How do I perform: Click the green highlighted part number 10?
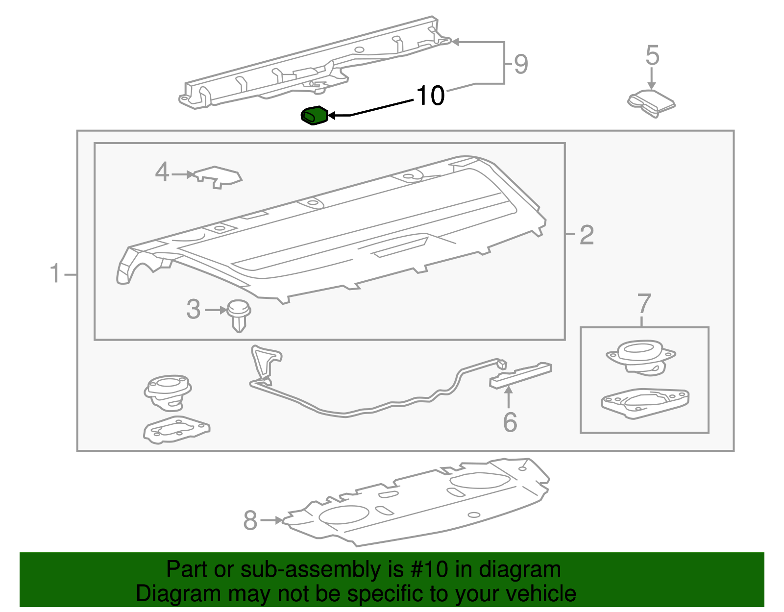click(314, 116)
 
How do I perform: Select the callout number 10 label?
click(430, 96)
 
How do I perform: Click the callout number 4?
click(162, 172)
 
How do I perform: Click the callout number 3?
click(194, 309)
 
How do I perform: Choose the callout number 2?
click(587, 235)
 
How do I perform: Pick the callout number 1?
click(55, 273)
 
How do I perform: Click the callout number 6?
click(510, 422)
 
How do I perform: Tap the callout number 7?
click(644, 304)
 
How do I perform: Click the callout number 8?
click(250, 520)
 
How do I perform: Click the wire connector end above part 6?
click(501, 364)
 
